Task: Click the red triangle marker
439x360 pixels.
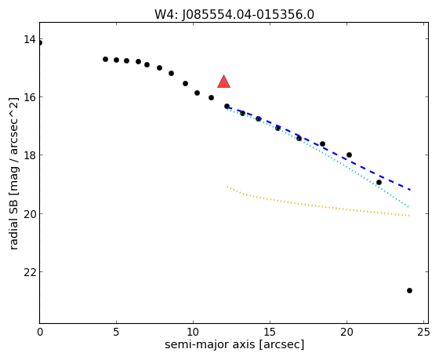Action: point(223,82)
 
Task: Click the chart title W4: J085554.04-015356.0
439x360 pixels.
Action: point(234,15)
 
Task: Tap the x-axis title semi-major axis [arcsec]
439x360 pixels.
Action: point(234,344)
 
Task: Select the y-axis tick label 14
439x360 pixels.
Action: point(30,39)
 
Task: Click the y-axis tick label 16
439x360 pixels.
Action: point(30,97)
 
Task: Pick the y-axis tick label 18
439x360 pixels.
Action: point(30,155)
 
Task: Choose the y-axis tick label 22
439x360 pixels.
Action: point(30,271)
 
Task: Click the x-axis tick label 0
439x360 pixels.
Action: point(40,333)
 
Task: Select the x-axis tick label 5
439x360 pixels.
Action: point(116,333)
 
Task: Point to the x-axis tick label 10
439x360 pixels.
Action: point(193,333)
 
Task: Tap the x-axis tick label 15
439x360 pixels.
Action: point(270,333)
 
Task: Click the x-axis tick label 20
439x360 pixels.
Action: point(346,333)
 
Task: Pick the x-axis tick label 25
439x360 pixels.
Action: point(423,333)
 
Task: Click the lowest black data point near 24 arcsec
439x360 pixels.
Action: point(409,290)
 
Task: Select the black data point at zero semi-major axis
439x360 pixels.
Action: point(40,43)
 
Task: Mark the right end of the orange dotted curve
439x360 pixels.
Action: point(409,216)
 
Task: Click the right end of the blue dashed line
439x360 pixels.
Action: point(410,190)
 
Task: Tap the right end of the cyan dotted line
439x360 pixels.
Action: point(408,207)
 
